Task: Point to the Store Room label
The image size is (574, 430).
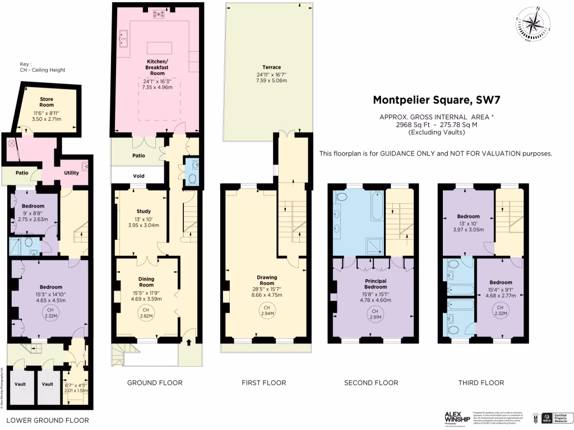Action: click(46, 102)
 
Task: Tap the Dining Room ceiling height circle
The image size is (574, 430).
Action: click(145, 313)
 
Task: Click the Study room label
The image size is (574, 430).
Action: click(128, 211)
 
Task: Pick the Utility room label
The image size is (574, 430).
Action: click(71, 172)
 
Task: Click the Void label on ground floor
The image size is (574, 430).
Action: click(138, 176)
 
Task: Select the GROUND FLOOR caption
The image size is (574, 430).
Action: click(155, 383)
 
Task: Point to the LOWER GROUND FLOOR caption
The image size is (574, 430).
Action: click(47, 420)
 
